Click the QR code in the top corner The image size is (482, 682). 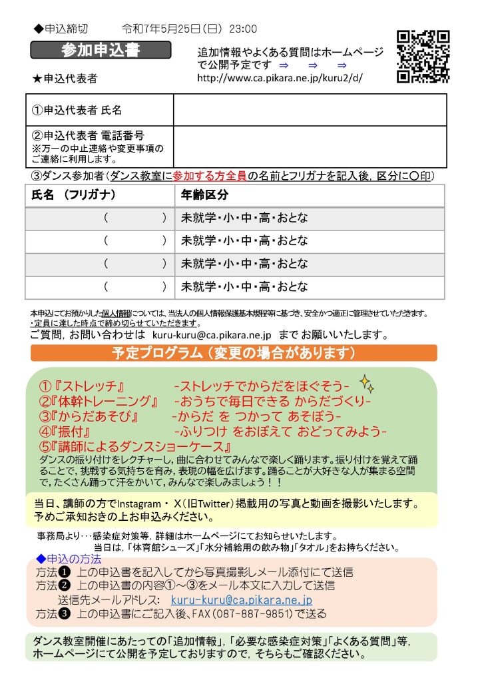(x=423, y=57)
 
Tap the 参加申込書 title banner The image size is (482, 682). (x=101, y=50)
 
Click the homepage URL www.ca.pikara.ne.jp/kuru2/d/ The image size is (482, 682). (x=280, y=78)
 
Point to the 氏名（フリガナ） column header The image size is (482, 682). (x=74, y=195)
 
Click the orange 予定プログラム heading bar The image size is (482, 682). (x=233, y=352)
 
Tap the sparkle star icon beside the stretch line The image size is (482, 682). (x=366, y=383)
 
